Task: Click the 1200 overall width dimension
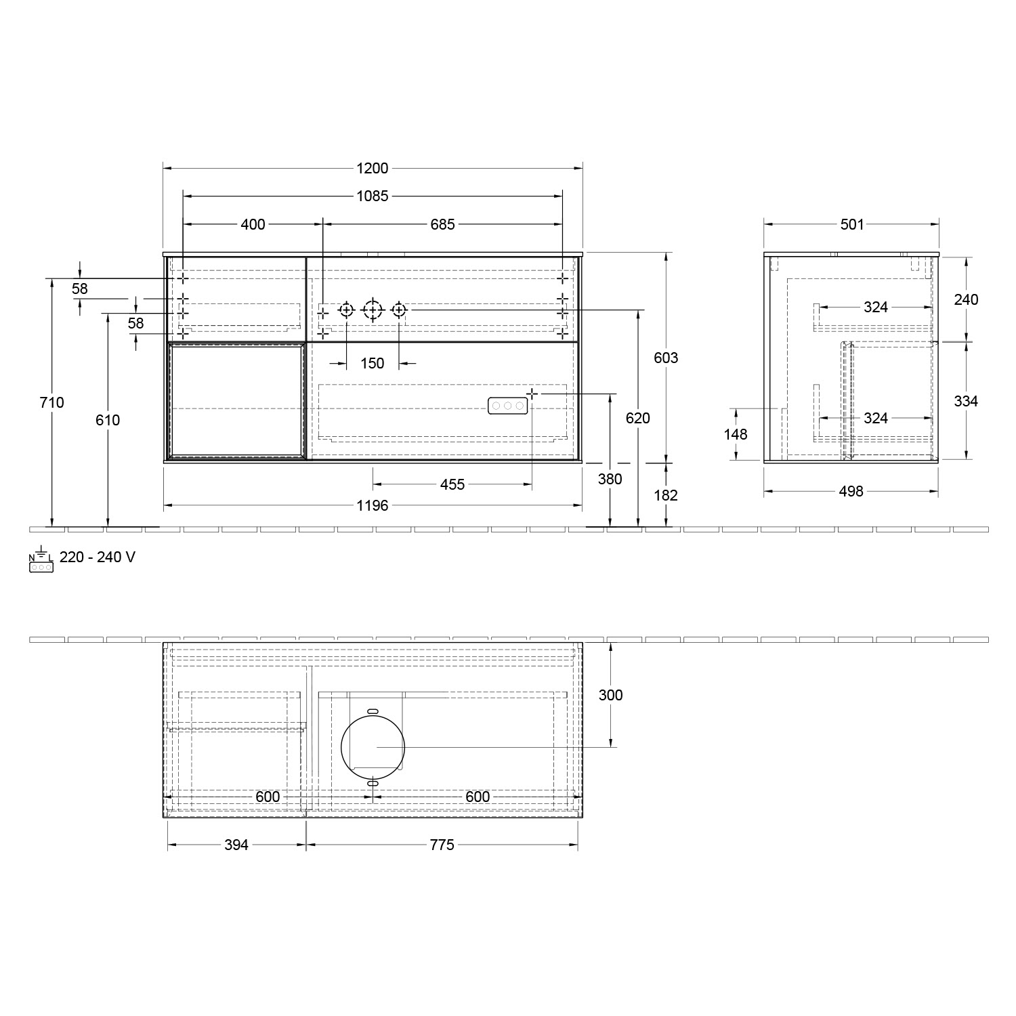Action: point(372,169)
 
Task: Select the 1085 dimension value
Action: point(372,196)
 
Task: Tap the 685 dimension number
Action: point(442,224)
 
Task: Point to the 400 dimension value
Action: point(253,224)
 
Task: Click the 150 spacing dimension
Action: point(372,364)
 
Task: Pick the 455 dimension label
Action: point(452,484)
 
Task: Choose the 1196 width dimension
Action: point(372,505)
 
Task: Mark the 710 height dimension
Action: point(52,402)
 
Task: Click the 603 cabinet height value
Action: point(666,358)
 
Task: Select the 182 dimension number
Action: point(666,495)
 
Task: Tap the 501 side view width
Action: point(852,224)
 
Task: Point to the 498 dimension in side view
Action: point(851,491)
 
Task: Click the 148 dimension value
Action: point(736,434)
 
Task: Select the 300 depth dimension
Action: point(610,695)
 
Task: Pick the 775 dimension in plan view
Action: point(442,845)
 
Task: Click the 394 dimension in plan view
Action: point(236,845)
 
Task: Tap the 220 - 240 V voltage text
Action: point(98,557)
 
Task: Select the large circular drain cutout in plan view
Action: point(373,746)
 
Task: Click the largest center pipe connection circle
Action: point(373,310)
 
